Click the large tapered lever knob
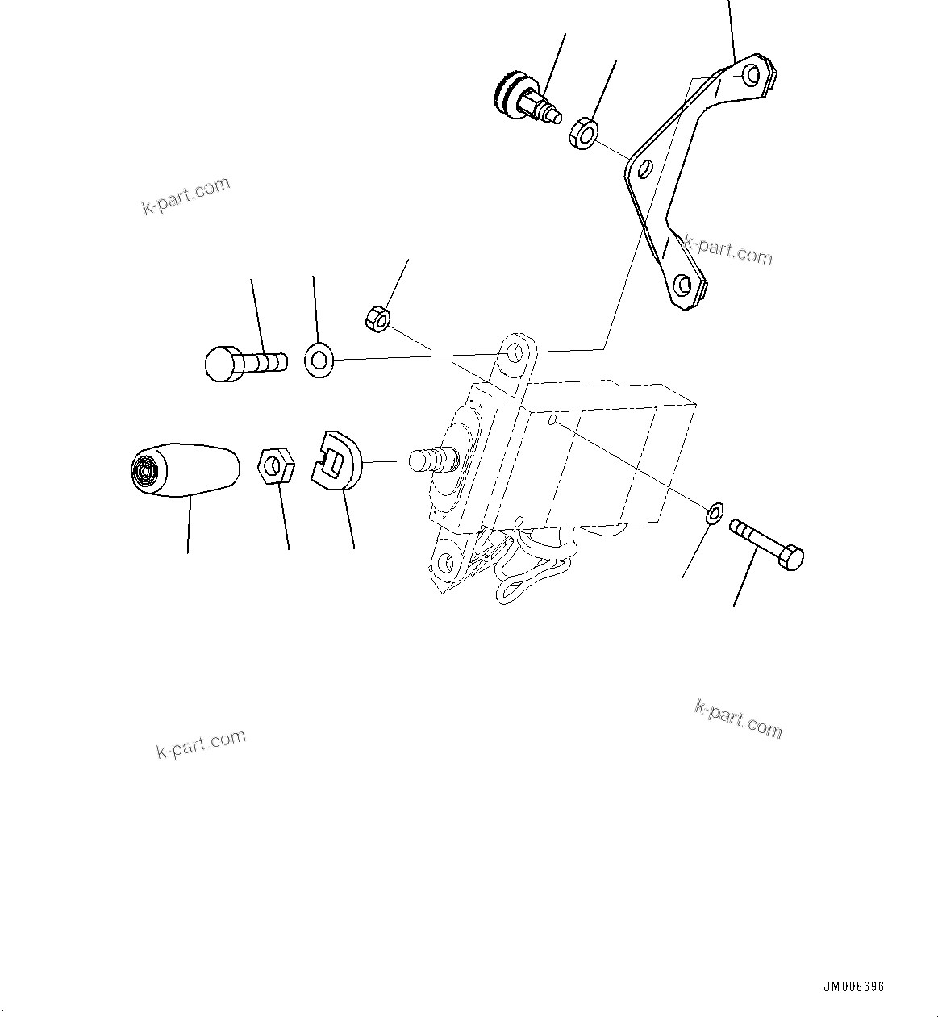click(186, 469)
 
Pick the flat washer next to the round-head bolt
click(319, 359)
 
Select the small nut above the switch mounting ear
click(377, 318)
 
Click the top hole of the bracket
click(752, 75)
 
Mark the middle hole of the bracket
click(644, 170)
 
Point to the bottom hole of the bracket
click(684, 285)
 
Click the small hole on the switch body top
click(552, 420)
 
